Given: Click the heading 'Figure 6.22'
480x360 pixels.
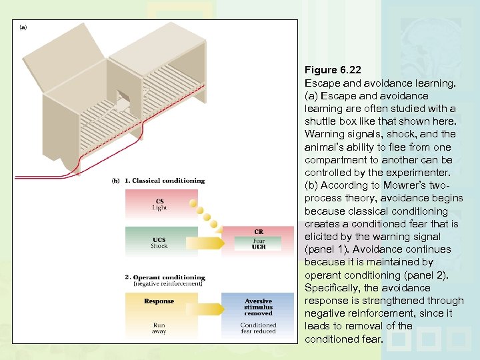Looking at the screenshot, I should tap(333, 71).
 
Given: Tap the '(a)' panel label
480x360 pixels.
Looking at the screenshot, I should tap(23, 28).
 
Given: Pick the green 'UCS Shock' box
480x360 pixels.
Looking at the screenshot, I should tap(159, 242).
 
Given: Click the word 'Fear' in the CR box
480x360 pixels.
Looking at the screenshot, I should tap(258, 240).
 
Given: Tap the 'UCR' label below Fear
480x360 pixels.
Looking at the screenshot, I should tap(258, 247).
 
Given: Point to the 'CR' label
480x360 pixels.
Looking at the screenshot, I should tap(259, 232).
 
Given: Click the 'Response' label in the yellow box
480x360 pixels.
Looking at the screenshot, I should tap(159, 301).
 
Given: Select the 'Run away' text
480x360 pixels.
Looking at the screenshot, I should tap(159, 329).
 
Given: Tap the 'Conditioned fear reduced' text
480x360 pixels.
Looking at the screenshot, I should tap(258, 329).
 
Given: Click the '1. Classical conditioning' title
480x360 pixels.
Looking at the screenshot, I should tap(165, 181).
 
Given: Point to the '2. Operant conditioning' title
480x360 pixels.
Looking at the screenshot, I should tap(165, 277).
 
